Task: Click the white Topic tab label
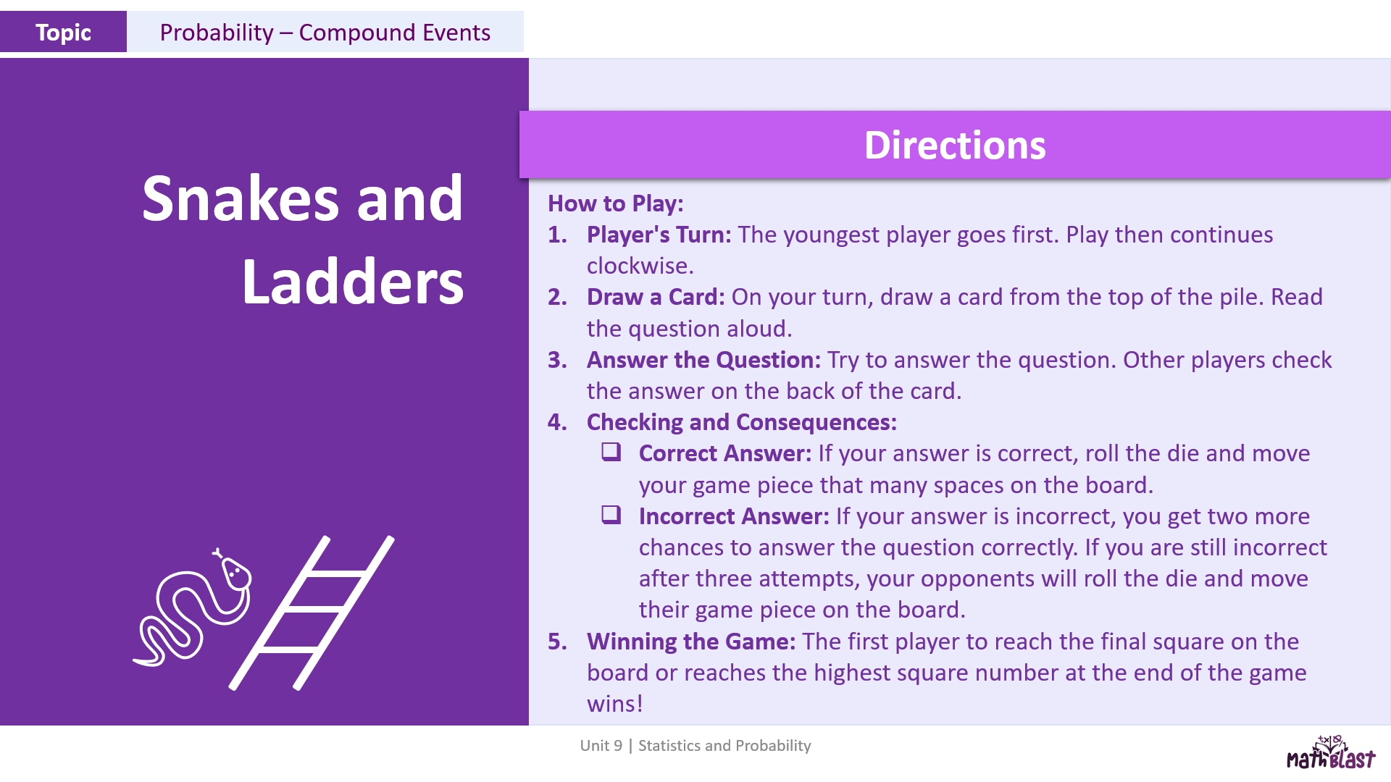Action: point(63,33)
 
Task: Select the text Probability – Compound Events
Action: point(325,33)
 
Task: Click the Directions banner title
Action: point(955,145)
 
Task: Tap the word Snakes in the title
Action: point(241,198)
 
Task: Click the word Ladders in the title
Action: point(353,282)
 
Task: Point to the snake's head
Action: point(235,572)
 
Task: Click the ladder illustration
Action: point(312,613)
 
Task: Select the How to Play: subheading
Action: point(615,203)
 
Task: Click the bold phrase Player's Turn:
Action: point(659,235)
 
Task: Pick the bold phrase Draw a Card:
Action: point(656,297)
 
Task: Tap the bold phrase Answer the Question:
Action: point(703,360)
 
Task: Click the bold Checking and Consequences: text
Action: point(742,422)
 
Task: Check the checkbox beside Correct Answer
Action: point(611,452)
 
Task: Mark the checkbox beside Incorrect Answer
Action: point(611,515)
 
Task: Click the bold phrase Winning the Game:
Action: point(691,642)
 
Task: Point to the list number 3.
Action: point(557,360)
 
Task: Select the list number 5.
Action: point(557,642)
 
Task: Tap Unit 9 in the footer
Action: point(601,746)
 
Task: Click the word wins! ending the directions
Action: point(615,704)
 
